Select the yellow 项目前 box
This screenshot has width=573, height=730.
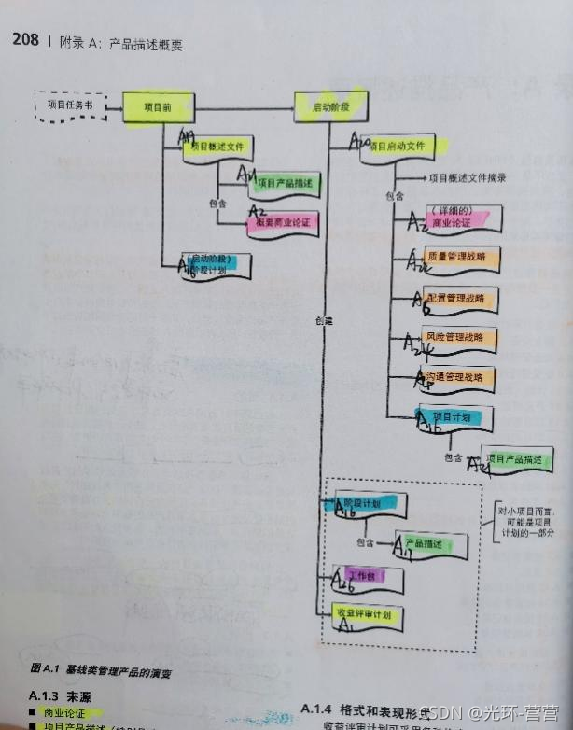(x=157, y=106)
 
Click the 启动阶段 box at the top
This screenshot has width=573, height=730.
(x=329, y=107)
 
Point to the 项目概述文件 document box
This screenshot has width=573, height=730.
(x=220, y=147)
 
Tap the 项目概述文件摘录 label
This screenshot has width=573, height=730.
(x=467, y=177)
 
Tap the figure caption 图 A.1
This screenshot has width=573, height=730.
(x=103, y=669)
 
